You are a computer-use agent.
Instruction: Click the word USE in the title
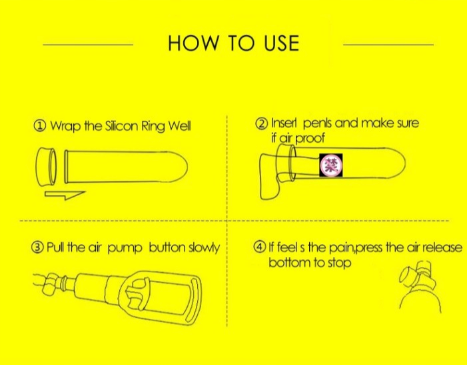click(x=281, y=43)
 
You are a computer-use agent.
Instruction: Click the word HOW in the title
click(x=193, y=43)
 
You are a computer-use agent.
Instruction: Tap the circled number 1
click(x=40, y=126)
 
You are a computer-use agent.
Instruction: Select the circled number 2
click(x=262, y=123)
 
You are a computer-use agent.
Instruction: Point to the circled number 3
click(x=37, y=248)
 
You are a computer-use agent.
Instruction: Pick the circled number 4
click(x=260, y=247)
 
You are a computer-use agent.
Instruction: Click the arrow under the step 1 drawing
click(x=65, y=195)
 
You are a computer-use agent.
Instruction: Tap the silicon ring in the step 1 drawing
click(x=46, y=167)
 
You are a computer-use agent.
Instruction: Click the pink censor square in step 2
click(x=331, y=165)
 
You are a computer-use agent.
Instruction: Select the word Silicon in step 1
click(x=120, y=126)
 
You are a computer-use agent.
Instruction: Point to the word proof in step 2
click(x=310, y=138)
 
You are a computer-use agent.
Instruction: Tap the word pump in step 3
click(x=125, y=249)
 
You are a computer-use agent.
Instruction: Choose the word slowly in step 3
click(x=205, y=248)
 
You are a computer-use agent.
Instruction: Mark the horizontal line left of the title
click(x=88, y=45)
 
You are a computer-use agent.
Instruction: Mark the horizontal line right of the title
click(x=388, y=45)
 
